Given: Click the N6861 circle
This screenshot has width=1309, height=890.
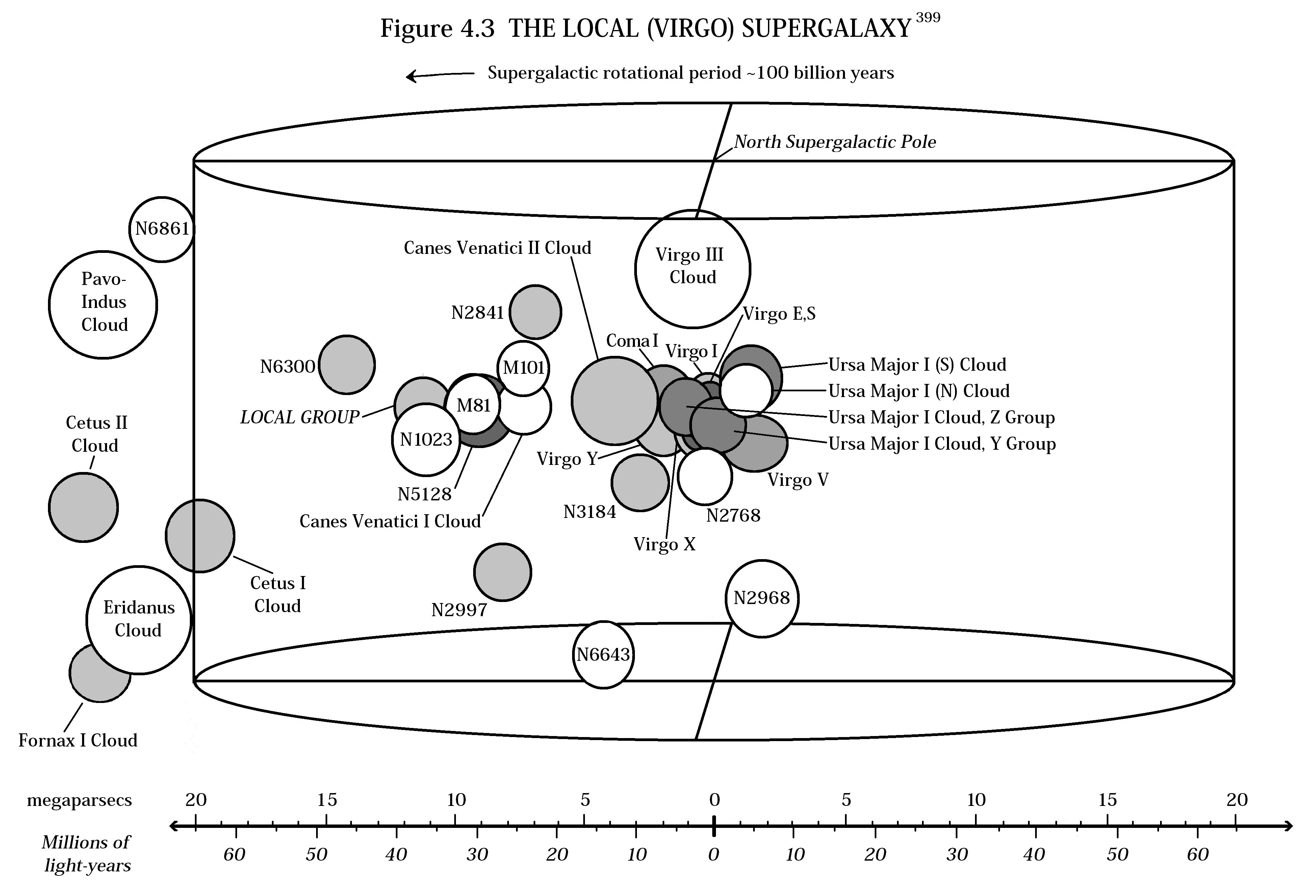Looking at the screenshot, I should click(x=162, y=229).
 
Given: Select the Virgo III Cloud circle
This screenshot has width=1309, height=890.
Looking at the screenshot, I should click(x=692, y=268).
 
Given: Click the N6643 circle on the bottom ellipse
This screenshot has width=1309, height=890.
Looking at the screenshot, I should click(x=603, y=655).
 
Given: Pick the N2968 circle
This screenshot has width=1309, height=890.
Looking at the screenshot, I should click(x=762, y=598).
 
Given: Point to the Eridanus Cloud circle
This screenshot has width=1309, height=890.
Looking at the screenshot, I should click(x=138, y=619).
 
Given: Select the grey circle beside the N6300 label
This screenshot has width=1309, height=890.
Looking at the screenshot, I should click(x=347, y=364).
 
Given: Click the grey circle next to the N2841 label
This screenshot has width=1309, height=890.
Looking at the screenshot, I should click(x=535, y=312).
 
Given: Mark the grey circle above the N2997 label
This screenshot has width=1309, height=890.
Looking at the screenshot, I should click(x=503, y=572).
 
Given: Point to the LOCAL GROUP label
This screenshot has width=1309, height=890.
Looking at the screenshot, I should click(x=300, y=417).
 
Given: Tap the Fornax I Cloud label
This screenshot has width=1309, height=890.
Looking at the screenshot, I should click(x=78, y=740).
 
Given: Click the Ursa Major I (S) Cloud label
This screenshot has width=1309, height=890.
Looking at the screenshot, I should click(x=917, y=365).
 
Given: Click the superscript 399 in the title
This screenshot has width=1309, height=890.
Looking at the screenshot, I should click(x=928, y=18).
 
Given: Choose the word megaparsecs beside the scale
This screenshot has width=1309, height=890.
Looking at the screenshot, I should click(x=79, y=800).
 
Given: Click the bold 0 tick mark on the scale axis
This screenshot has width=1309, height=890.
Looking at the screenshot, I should click(x=714, y=826).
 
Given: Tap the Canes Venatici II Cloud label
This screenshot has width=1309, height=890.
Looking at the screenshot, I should click(x=497, y=248).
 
